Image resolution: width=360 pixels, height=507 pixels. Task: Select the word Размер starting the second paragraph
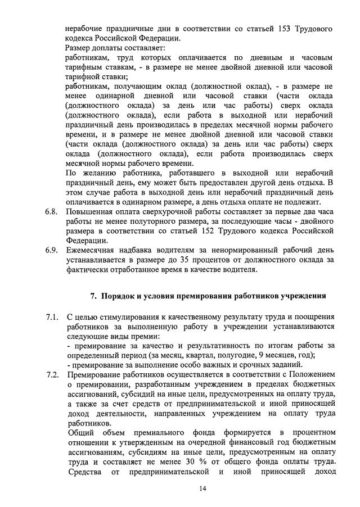(79, 48)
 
